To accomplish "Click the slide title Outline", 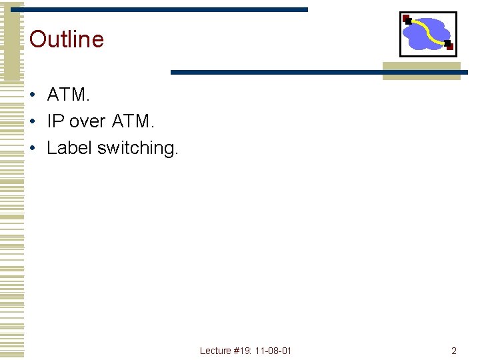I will pyautogui.click(x=67, y=39).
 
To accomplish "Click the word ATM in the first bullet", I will pyautogui.click(x=67, y=95).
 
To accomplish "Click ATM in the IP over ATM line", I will pyautogui.click(x=133, y=121).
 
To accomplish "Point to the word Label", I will pyautogui.click(x=69, y=147).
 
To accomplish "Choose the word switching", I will pyautogui.click(x=138, y=148).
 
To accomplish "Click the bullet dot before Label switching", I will pyautogui.click(x=32, y=148).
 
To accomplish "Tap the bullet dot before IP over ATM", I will pyautogui.click(x=32, y=122).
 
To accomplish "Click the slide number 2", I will pyautogui.click(x=454, y=351).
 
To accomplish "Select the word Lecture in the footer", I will pyautogui.click(x=215, y=351).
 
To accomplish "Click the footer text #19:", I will pyautogui.click(x=243, y=351).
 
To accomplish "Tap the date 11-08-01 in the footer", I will pyautogui.click(x=273, y=351).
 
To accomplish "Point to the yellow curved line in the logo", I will pyautogui.click(x=429, y=30).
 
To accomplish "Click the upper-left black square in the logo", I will pyautogui.click(x=407, y=21).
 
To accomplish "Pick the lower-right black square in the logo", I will pyautogui.click(x=448, y=45).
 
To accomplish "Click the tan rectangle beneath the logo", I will pyautogui.click(x=421, y=70).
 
